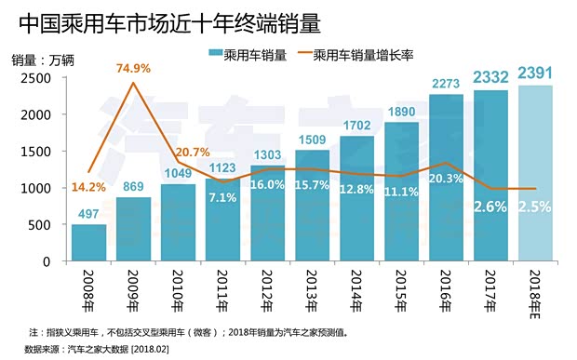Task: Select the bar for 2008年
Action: tap(88, 243)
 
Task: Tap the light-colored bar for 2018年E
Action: tap(534, 173)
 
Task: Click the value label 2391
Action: tap(534, 73)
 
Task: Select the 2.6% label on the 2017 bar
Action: tap(490, 207)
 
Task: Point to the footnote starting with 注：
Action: tap(187, 331)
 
